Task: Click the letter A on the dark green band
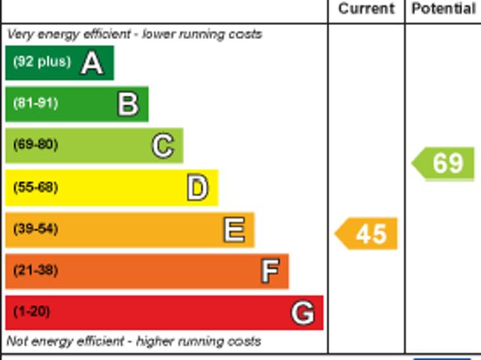[x=92, y=63]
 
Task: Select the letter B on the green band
[x=128, y=104]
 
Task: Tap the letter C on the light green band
[x=162, y=146]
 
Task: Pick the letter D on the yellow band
[x=197, y=188]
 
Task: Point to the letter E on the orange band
[x=234, y=230]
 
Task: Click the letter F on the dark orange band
[x=270, y=271]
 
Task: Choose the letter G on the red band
[x=302, y=313]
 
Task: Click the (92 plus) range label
[x=41, y=62]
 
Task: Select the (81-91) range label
[x=35, y=104]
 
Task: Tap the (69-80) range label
[x=35, y=145]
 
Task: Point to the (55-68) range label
[x=35, y=187]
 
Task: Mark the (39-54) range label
[x=35, y=229]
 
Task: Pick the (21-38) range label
[x=35, y=271]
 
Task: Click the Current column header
[x=366, y=9]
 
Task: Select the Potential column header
[x=443, y=9]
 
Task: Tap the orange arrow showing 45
[x=367, y=234]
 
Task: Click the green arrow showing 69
[x=444, y=163]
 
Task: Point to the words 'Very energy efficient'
[x=61, y=35]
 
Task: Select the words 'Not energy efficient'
[x=59, y=341]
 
